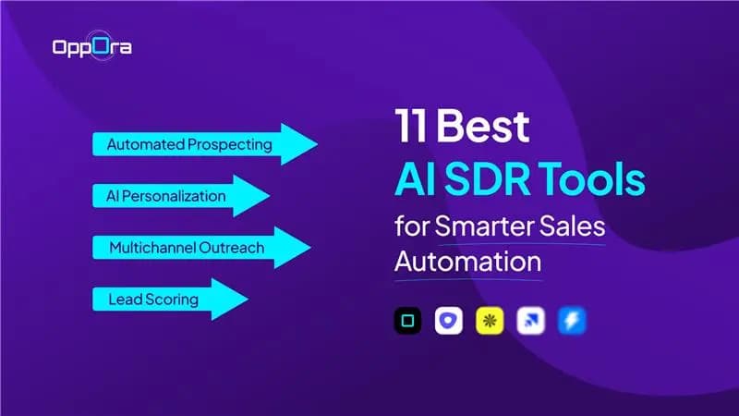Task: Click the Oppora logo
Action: [91, 46]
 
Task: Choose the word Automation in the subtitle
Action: [467, 261]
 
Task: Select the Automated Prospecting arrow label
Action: [189, 145]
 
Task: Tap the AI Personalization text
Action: [165, 196]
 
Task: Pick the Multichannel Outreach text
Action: [187, 248]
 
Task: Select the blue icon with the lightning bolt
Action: [571, 321]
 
